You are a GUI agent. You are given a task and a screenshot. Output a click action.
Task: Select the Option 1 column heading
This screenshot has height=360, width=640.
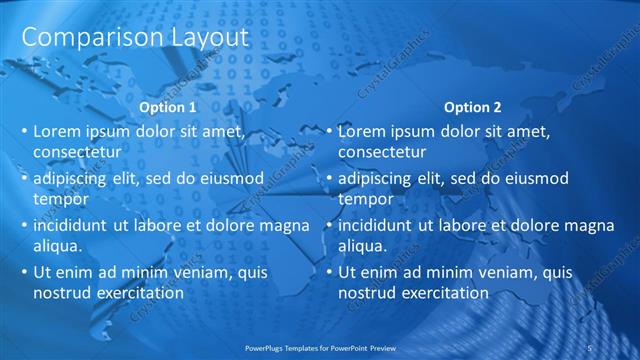coord(167,107)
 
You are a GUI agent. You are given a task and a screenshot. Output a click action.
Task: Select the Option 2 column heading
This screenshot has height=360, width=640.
coord(473,107)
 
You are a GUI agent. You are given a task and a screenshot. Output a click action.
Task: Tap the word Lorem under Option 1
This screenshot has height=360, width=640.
coord(57,131)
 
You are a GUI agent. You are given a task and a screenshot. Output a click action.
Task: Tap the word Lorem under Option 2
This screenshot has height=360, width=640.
coord(362,131)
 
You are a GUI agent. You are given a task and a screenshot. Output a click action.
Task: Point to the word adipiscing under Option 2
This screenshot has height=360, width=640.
coord(374,178)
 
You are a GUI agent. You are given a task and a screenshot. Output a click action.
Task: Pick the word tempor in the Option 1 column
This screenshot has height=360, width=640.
coord(59,199)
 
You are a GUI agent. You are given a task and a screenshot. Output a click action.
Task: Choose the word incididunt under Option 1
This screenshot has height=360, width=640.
coord(73,225)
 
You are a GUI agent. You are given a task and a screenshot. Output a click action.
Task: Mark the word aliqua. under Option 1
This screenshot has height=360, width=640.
coord(58,246)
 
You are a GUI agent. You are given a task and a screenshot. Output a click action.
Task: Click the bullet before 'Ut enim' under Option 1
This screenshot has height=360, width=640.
coord(24,272)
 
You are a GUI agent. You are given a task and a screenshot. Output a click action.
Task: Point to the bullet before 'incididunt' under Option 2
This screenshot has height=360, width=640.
coord(329,225)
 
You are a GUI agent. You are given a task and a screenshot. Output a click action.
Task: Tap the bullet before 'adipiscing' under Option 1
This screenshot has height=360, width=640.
coord(24,178)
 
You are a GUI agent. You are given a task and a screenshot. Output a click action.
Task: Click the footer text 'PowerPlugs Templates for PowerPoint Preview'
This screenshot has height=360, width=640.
coord(330,347)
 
